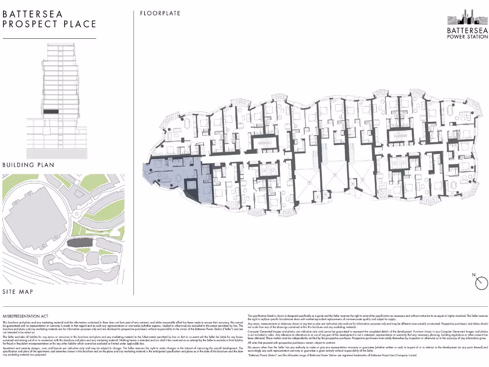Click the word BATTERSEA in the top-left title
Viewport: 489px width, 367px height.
pos(32,14)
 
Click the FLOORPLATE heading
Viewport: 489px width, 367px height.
pos(160,13)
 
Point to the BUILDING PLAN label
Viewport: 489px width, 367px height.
pos(28,165)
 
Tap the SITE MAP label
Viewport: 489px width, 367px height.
pos(18,291)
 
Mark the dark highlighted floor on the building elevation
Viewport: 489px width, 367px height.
pos(51,111)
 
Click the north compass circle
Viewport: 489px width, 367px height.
pos(480,283)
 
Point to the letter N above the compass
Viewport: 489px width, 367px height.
pos(473,275)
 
